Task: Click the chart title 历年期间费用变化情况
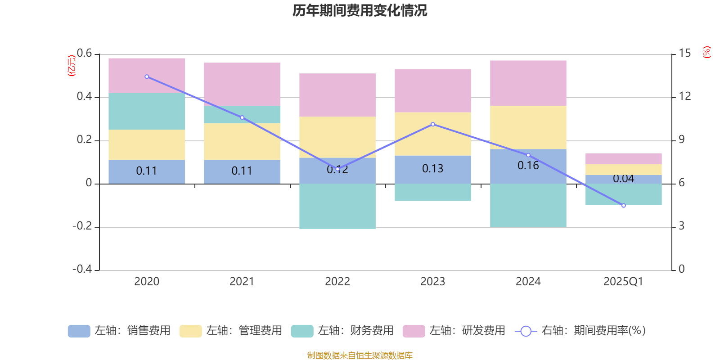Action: click(x=360, y=10)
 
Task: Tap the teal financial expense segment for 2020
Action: click(x=147, y=111)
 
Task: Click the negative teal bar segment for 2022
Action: click(x=337, y=206)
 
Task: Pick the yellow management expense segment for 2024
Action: click(x=528, y=127)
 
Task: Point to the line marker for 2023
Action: click(x=433, y=124)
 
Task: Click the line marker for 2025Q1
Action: click(x=623, y=206)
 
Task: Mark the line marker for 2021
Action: click(x=242, y=117)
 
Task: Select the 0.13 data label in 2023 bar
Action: click(x=432, y=169)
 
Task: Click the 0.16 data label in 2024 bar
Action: click(x=528, y=166)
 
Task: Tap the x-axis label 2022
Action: click(x=337, y=282)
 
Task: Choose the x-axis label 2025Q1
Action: click(x=623, y=282)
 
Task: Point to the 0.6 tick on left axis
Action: click(x=84, y=54)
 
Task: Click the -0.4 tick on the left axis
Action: click(x=82, y=269)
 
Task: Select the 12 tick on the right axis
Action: click(x=685, y=96)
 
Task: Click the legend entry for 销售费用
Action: click(x=120, y=331)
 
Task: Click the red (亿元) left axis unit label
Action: click(x=71, y=66)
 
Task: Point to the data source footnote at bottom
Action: click(x=360, y=355)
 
